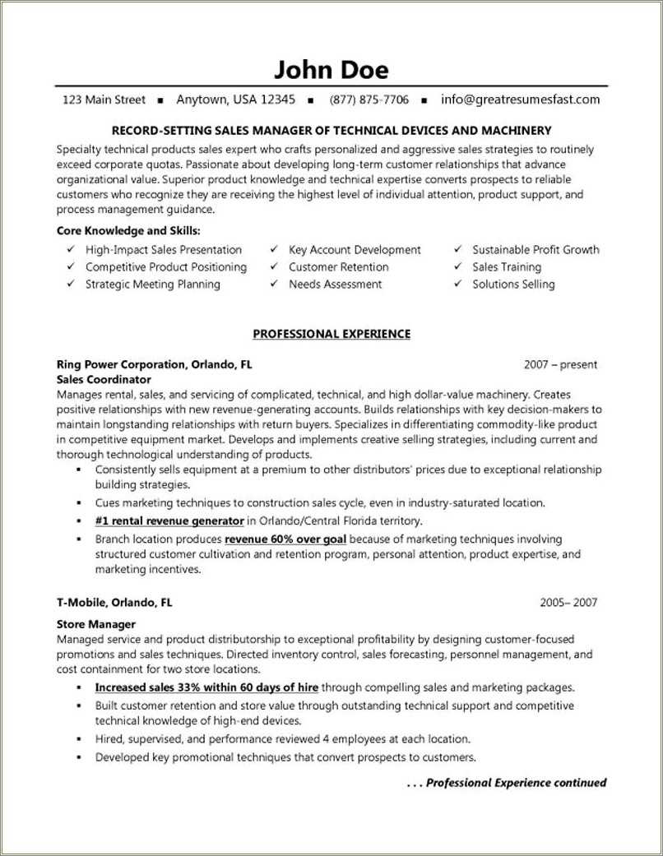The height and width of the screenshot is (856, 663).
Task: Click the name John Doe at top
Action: pos(331,68)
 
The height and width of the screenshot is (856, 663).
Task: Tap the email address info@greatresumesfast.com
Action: pos(520,99)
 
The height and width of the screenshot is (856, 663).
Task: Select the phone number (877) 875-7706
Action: pos(369,99)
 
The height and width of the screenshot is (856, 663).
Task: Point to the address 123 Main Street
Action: pos(104,99)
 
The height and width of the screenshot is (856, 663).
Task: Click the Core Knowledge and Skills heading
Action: pos(128,231)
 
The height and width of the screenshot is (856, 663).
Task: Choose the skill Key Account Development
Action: pos(355,250)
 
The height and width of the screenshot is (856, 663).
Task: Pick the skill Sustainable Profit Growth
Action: pos(535,250)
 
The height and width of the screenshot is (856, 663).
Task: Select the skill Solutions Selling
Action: pos(513,285)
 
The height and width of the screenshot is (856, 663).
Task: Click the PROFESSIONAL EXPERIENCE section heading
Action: pos(331,334)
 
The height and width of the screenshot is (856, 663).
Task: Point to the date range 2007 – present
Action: pos(560,364)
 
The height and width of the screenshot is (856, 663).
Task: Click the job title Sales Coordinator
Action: pos(104,380)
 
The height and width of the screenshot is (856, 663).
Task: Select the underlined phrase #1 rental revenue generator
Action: pos(169,521)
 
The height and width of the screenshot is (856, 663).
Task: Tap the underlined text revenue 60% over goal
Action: pos(285,539)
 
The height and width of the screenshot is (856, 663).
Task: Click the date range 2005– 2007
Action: pos(568,602)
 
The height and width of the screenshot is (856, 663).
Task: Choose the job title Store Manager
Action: pos(96,624)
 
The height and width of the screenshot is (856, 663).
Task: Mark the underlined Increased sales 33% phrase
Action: pos(206,687)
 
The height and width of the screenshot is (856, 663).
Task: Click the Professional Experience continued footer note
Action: pos(507,783)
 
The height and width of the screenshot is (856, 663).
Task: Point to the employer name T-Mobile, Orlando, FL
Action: pos(114,602)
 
